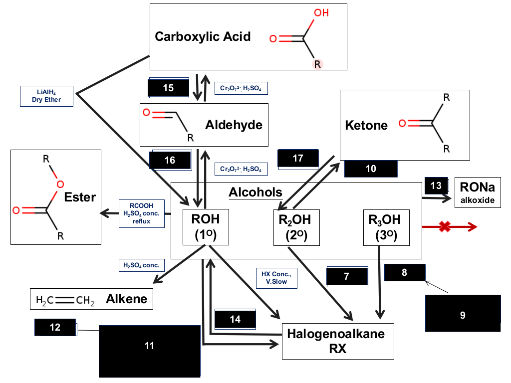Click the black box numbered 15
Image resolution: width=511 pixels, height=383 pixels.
pyautogui.click(x=169, y=88)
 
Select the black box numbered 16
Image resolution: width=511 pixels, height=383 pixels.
pyautogui.click(x=170, y=160)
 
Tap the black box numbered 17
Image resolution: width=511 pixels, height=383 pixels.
pyautogui.click(x=298, y=159)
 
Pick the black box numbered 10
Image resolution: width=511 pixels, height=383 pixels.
pyautogui.click(x=371, y=169)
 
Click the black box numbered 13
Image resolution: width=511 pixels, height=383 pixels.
pyautogui.click(x=436, y=186)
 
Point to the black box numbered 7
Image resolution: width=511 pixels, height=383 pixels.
pyautogui.click(x=347, y=276)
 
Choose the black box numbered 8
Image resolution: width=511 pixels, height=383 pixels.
pyautogui.click(x=405, y=272)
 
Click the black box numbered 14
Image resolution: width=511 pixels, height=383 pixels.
pyautogui.click(x=235, y=319)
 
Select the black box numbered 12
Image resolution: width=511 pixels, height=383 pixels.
pyautogui.click(x=55, y=327)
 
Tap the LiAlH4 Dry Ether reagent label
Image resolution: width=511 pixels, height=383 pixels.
pyautogui.click(x=46, y=96)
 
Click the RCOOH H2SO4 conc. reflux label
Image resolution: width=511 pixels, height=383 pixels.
pyautogui.click(x=141, y=213)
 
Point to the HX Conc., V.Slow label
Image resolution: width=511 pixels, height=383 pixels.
pyautogui.click(x=276, y=278)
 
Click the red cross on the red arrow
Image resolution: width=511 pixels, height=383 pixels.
pyautogui.click(x=445, y=227)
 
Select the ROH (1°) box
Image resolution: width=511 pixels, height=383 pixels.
pyautogui.click(x=206, y=227)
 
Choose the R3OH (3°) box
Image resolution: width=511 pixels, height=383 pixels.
pyautogui.click(x=386, y=227)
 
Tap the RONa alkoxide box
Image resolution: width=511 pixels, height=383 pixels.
pyautogui.click(x=478, y=192)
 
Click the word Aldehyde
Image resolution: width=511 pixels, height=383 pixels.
pyautogui.click(x=234, y=125)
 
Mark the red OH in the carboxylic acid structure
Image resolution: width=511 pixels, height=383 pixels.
pyautogui.click(x=321, y=12)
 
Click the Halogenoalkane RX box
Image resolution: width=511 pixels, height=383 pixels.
pyautogui.click(x=338, y=341)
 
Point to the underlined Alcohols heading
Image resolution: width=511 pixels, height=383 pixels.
pyautogui.click(x=255, y=192)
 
